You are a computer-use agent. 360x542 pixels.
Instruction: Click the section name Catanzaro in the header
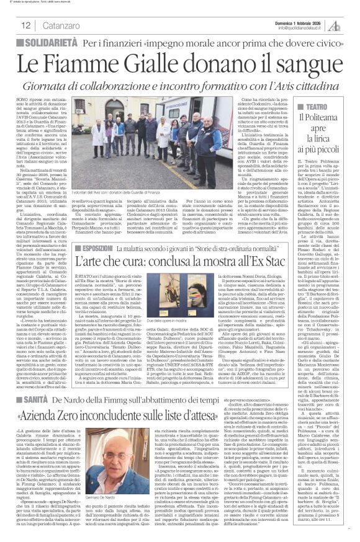[66, 25]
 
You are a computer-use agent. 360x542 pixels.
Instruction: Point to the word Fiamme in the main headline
[99, 63]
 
